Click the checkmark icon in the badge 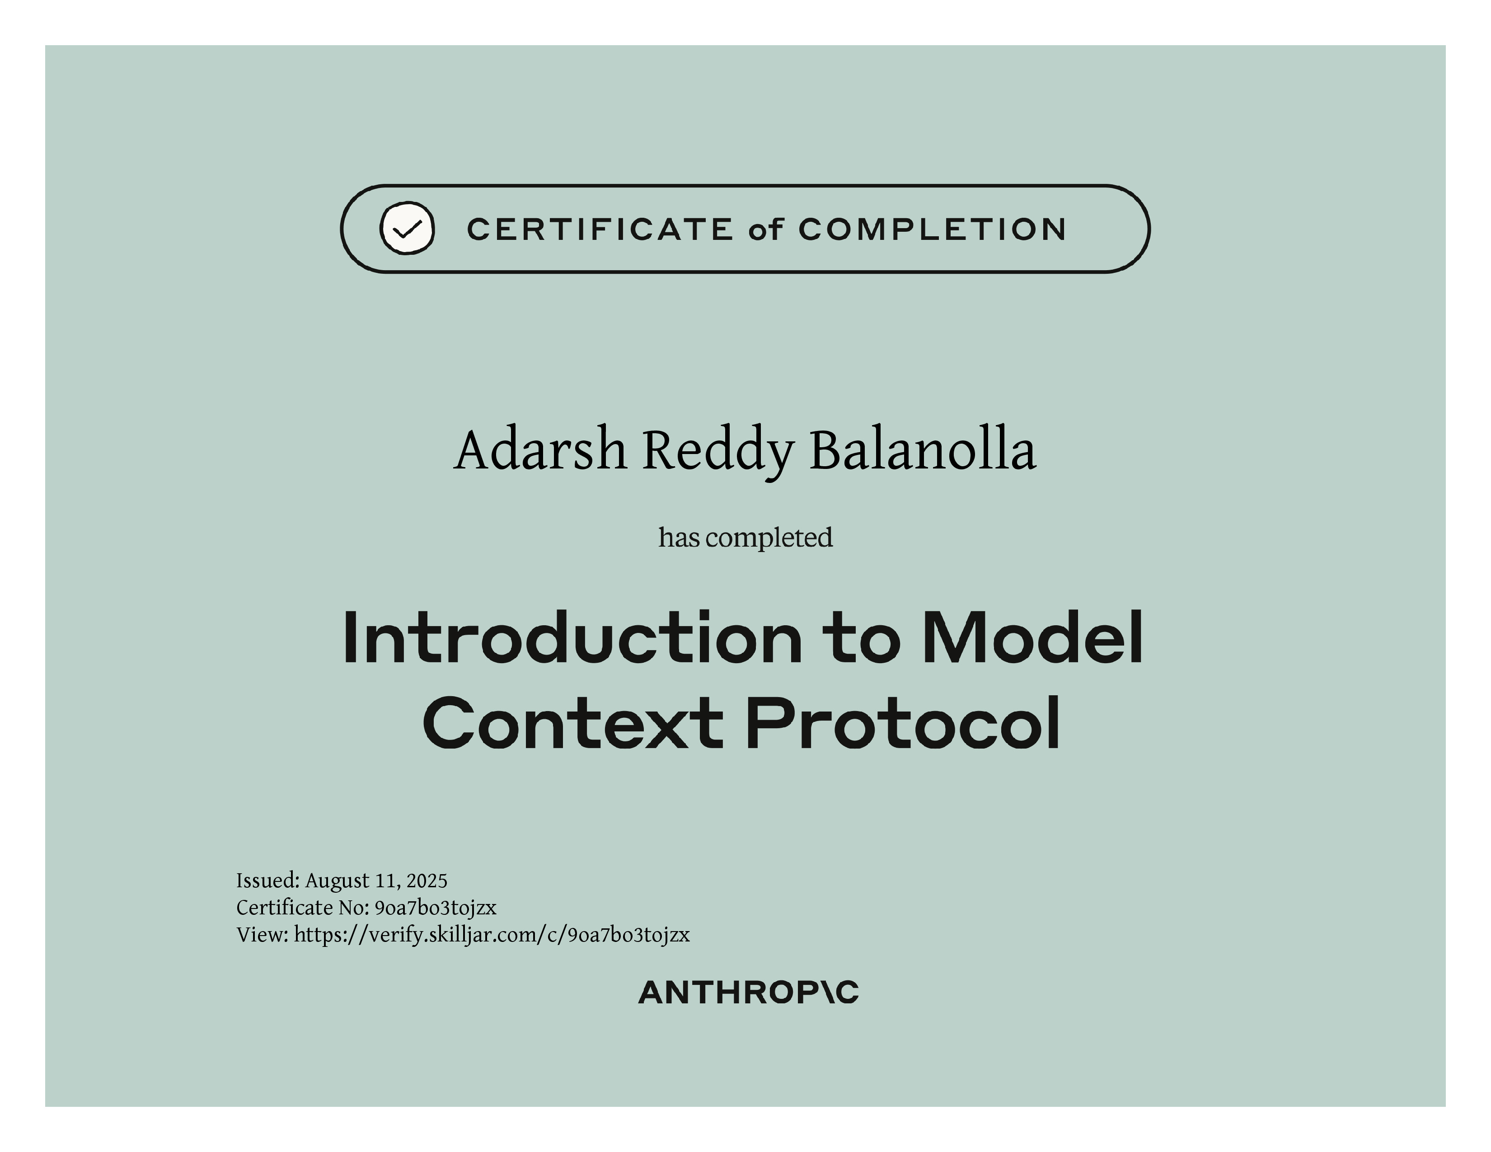pyautogui.click(x=407, y=228)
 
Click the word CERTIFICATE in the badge pyautogui.click(x=600, y=229)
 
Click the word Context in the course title pyautogui.click(x=573, y=723)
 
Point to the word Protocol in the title pyautogui.click(x=903, y=723)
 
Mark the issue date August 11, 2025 pyautogui.click(x=376, y=881)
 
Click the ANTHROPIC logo pyautogui.click(x=748, y=993)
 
